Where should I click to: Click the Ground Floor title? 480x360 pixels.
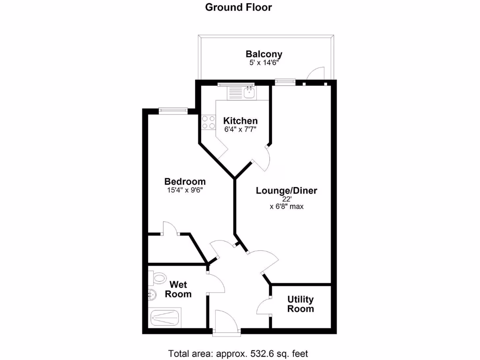pyautogui.click(x=239, y=7)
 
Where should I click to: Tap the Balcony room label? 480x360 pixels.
pyautogui.click(x=264, y=54)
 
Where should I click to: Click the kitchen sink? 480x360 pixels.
pyautogui.click(x=248, y=92)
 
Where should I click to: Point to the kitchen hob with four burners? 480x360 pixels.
pyautogui.click(x=208, y=123)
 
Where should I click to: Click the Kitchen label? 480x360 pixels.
pyautogui.click(x=240, y=120)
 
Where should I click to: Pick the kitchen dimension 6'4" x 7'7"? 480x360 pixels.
pyautogui.click(x=240, y=129)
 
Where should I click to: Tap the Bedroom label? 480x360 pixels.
pyautogui.click(x=185, y=181)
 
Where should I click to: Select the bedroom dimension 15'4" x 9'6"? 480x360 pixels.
pyautogui.click(x=185, y=190)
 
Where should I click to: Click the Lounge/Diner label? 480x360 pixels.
pyautogui.click(x=286, y=191)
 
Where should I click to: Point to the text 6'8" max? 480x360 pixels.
pyautogui.click(x=286, y=206)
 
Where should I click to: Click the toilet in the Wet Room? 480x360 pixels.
pyautogui.click(x=157, y=278)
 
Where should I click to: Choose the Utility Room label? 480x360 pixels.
pyautogui.click(x=300, y=304)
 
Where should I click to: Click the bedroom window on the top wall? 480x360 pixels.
pyautogui.click(x=173, y=111)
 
